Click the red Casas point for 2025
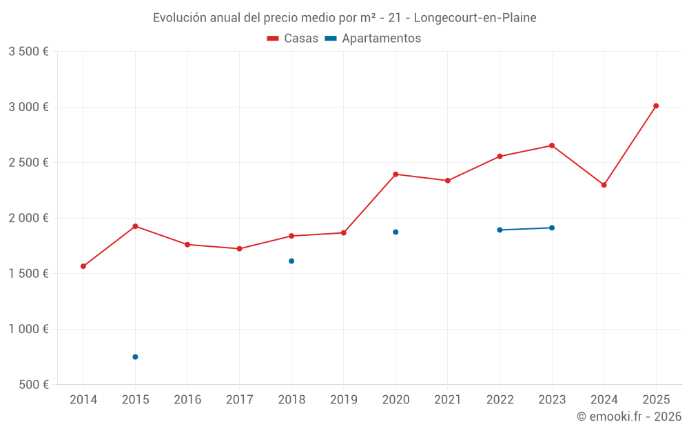656,106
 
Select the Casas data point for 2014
83,266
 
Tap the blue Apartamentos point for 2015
135,357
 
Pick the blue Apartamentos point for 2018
291,261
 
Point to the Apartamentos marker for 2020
395,232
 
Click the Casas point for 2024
604,185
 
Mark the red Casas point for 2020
395,174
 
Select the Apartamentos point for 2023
552,228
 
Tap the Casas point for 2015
135,226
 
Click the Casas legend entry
293,39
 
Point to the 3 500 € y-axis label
28,52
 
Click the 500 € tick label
34,385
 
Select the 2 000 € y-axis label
28,218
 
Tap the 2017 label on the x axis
239,400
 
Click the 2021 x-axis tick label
448,400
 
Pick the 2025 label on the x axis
656,400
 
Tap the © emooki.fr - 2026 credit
629,417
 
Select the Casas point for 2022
500,157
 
